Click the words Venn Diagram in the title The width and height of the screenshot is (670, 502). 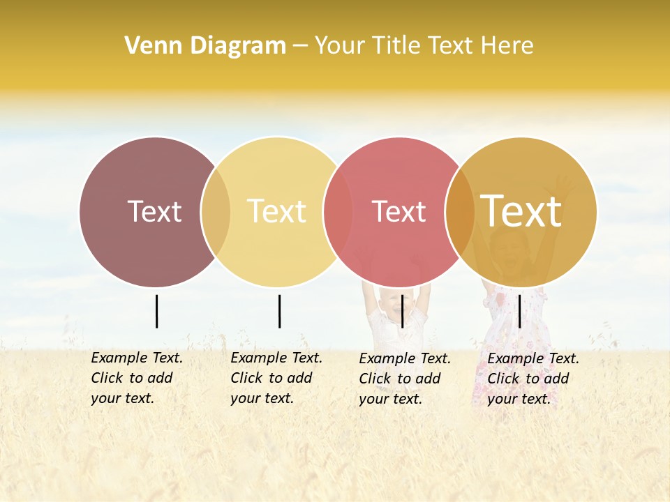click(x=205, y=46)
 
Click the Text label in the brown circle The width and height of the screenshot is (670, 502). click(x=154, y=211)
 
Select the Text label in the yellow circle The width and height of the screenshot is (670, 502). click(x=277, y=211)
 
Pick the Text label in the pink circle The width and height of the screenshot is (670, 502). click(x=399, y=211)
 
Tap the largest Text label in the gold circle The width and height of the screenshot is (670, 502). click(x=521, y=211)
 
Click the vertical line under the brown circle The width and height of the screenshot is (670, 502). click(x=156, y=311)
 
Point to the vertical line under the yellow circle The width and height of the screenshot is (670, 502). click(x=279, y=311)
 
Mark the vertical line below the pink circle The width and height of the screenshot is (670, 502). click(x=403, y=311)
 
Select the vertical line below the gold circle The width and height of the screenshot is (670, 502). click(x=520, y=311)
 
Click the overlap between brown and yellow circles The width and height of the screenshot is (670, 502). click(x=216, y=211)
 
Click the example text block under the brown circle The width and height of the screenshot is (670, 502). click(x=137, y=378)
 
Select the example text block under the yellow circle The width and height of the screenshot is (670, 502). click(x=276, y=378)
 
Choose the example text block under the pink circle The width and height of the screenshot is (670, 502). click(x=405, y=379)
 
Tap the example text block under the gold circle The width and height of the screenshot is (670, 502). click(x=533, y=379)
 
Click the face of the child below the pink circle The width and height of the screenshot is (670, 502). click(x=393, y=305)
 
